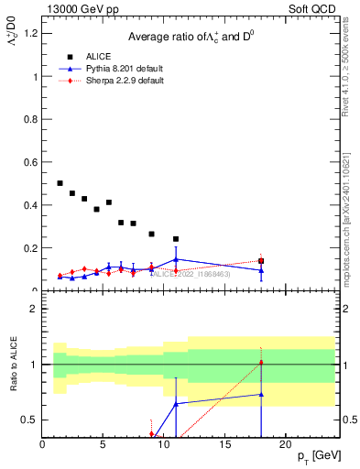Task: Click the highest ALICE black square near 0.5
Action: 60,183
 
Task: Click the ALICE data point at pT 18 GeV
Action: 261,261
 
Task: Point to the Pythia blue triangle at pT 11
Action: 176,259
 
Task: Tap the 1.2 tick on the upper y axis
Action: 30,34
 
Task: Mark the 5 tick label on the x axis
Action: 103,445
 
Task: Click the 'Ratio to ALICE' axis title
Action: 11,366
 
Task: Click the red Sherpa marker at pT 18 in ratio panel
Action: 261,363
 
